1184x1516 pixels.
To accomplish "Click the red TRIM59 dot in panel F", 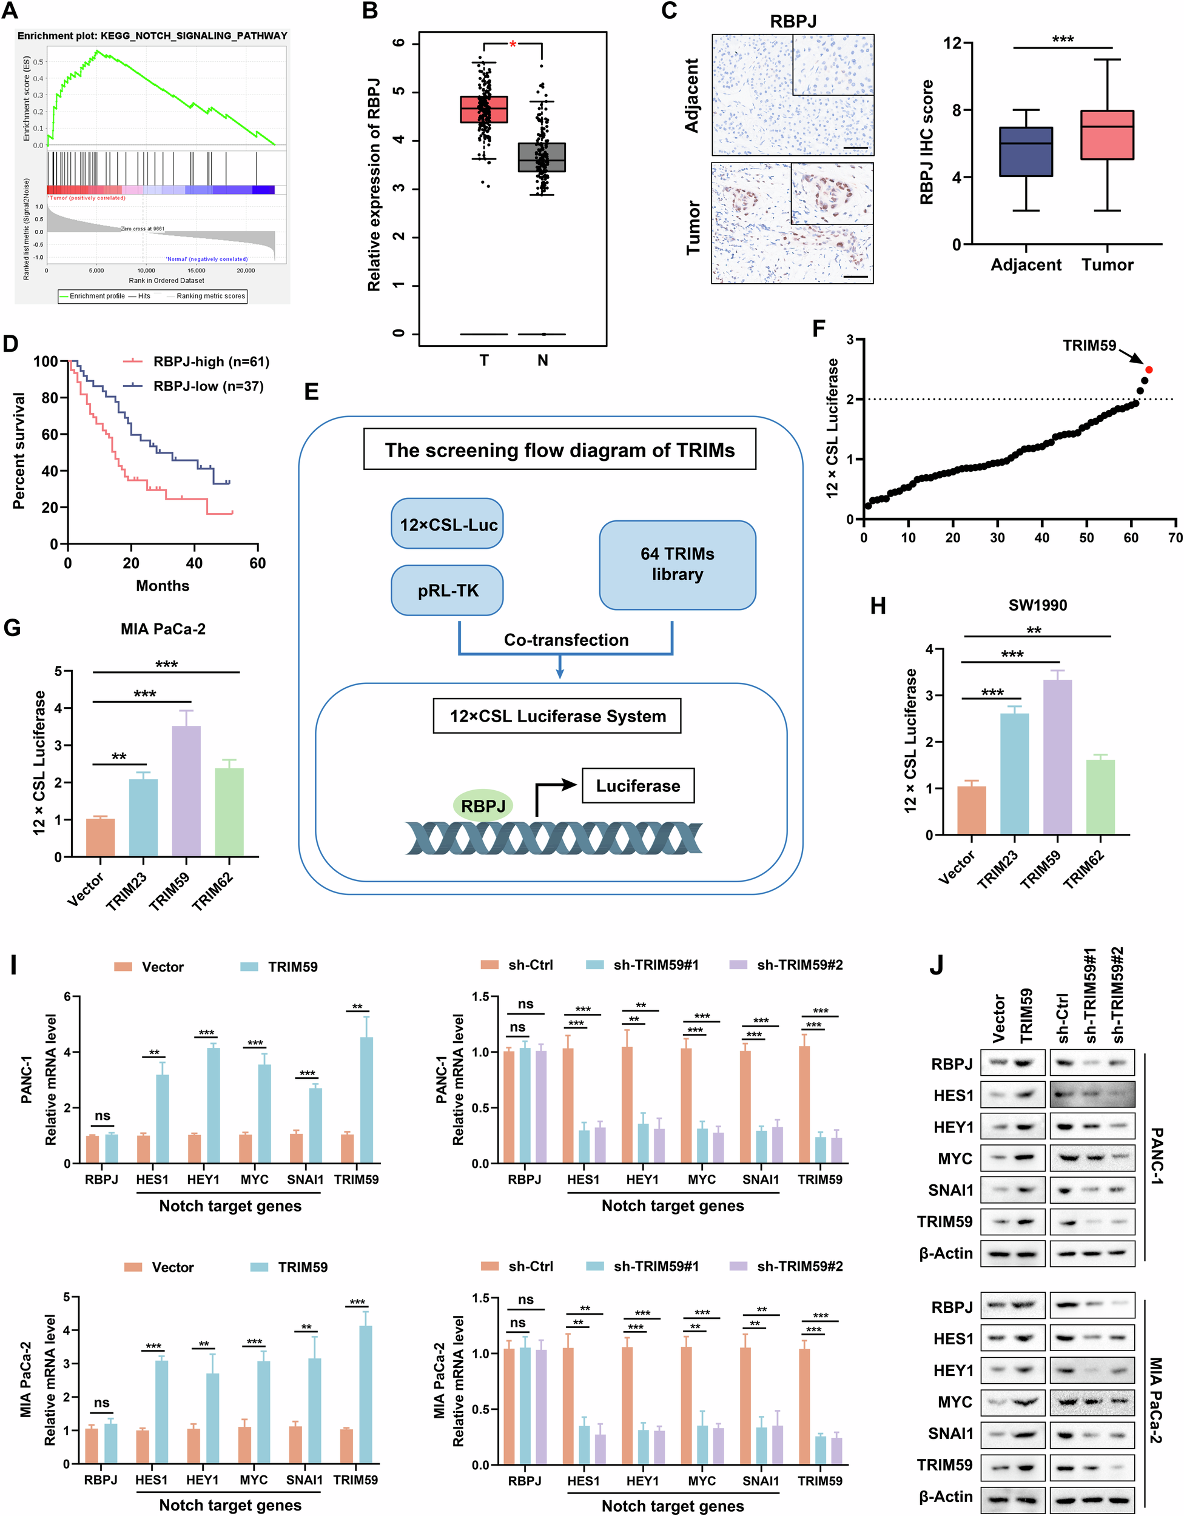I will click(1149, 369).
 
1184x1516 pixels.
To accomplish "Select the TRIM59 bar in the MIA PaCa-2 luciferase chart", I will click(186, 791).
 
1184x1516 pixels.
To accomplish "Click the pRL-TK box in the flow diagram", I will click(447, 591).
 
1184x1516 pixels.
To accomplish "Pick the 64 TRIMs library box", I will click(677, 565).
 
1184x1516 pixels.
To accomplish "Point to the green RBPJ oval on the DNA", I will click(483, 806).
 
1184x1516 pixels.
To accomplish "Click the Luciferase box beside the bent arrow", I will click(637, 786).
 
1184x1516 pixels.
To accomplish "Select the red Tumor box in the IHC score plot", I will click(1107, 135).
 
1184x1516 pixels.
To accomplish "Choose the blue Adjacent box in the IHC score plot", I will click(1026, 152).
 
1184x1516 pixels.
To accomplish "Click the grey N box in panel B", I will click(542, 157).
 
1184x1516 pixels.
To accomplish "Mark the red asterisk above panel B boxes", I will click(513, 45).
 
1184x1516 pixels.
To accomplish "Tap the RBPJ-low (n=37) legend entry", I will click(207, 386).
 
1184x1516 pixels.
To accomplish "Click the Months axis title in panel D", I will click(163, 586).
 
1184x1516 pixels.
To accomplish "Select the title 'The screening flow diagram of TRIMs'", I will click(559, 451).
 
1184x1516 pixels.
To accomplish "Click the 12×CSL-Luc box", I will click(447, 524).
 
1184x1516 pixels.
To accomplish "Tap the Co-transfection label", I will click(566, 640).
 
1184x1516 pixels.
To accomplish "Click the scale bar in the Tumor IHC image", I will click(857, 277).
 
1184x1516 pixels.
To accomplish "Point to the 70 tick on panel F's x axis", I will click(1175, 537).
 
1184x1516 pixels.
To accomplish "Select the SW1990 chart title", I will click(1037, 605).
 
